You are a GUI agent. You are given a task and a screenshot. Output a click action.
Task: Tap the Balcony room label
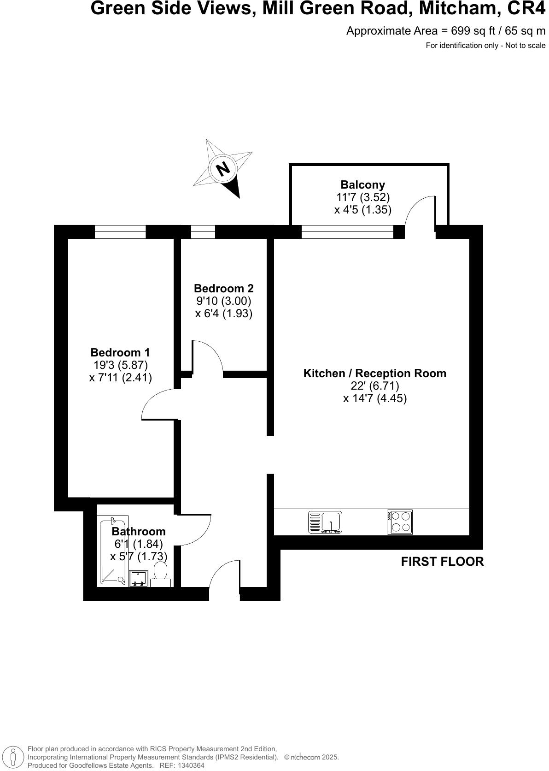point(363,185)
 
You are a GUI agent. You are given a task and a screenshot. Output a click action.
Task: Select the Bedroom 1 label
point(120,353)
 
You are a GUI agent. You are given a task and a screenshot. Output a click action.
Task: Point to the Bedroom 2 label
point(224,289)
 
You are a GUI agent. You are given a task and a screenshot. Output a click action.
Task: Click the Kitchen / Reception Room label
point(374,374)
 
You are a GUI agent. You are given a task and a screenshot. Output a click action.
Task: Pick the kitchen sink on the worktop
point(325,522)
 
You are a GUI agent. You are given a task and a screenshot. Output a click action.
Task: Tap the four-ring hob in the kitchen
point(400,522)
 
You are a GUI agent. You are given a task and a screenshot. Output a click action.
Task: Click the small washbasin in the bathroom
point(138,578)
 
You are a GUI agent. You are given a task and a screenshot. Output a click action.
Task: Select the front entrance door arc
point(225,574)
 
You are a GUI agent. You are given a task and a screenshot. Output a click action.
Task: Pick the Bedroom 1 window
point(120,231)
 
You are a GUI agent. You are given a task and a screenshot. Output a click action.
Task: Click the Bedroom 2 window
point(203,231)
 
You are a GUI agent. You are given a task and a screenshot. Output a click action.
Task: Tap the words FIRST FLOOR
point(442,562)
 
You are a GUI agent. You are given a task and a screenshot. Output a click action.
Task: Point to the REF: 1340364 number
point(181,765)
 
